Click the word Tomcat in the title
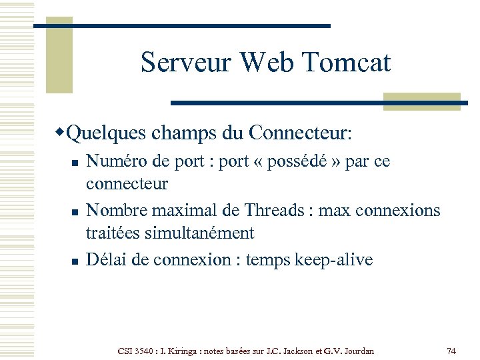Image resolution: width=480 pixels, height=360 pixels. (346, 63)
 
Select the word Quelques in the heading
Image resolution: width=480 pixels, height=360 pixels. (106, 133)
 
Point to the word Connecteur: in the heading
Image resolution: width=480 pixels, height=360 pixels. (300, 133)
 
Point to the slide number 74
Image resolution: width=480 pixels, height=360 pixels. (451, 351)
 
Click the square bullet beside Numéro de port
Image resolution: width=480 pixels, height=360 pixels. (75, 163)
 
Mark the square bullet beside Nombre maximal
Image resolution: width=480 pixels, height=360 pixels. (75, 212)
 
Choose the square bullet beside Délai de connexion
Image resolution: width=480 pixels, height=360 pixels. (75, 261)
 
